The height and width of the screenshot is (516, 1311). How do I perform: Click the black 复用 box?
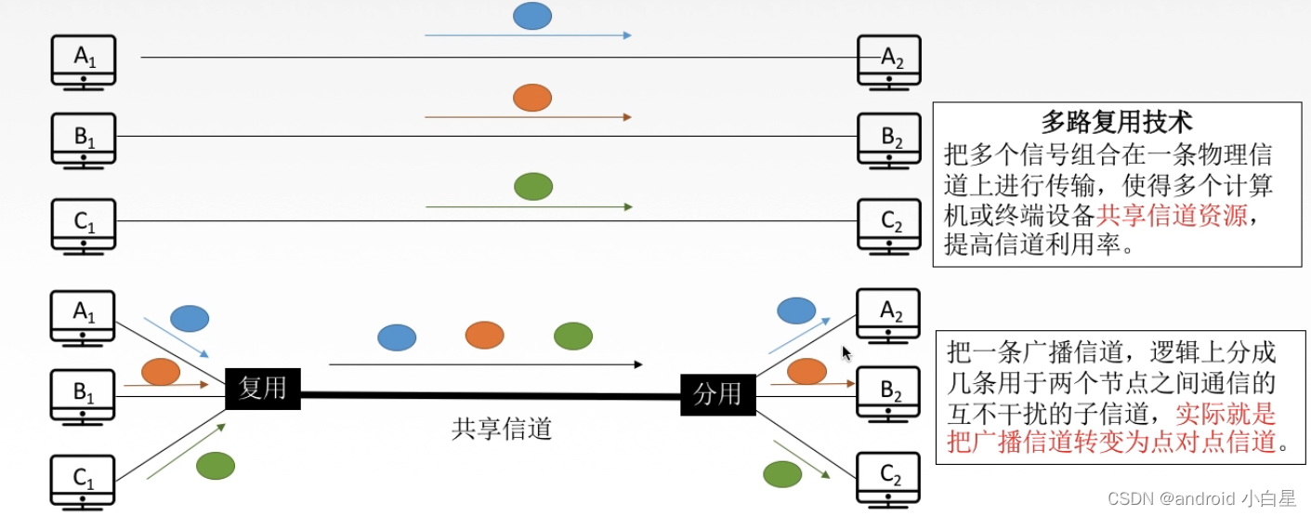[263, 388]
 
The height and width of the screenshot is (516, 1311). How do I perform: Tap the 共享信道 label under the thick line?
[502, 429]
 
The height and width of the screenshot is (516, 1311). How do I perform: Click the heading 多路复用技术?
[1116, 122]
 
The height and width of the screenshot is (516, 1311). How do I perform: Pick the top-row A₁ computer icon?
[84, 60]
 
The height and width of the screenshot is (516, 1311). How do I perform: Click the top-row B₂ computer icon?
[889, 139]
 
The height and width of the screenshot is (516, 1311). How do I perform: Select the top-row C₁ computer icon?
[84, 225]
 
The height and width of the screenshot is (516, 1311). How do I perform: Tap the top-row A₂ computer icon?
[889, 61]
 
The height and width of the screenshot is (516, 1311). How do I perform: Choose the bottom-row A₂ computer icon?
[889, 314]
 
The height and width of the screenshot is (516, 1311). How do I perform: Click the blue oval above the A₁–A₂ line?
[532, 16]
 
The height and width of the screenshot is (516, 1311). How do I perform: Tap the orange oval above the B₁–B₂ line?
[532, 97]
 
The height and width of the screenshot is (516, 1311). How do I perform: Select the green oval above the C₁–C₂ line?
[533, 186]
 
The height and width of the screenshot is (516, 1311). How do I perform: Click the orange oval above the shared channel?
[484, 335]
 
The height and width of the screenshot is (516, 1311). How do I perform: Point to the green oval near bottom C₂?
[782, 474]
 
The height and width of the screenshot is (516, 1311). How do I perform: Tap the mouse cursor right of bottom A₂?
[846, 353]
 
